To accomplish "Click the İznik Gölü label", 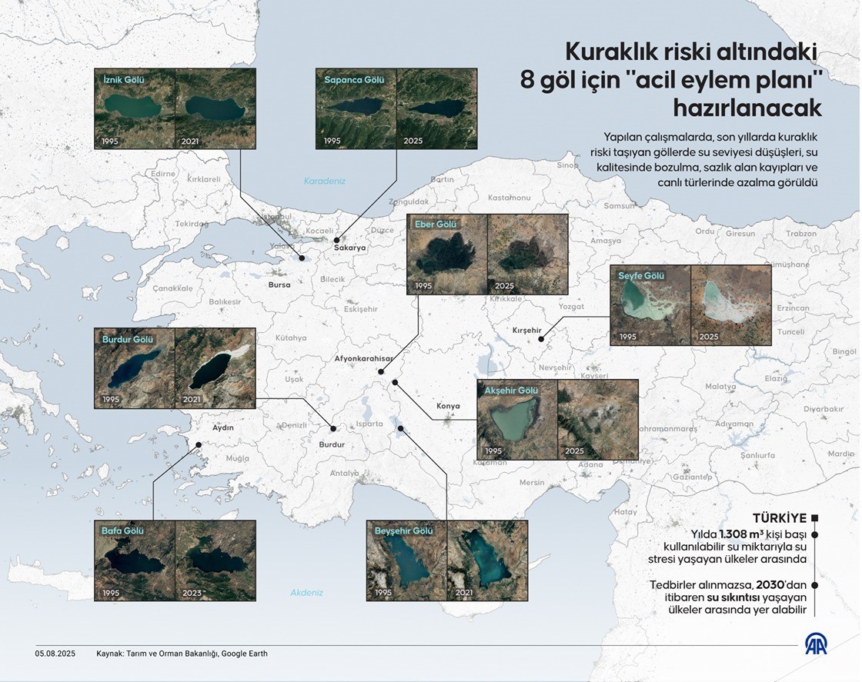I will [124, 79].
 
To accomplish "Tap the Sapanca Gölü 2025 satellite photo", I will [436, 108].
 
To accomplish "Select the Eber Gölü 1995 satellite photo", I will [447, 255].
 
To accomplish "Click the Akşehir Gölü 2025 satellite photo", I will [597, 419].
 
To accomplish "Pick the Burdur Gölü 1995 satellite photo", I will [134, 368].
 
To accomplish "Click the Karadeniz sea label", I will [325, 181].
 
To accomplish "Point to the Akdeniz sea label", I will [306, 593].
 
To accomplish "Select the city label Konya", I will [448, 406].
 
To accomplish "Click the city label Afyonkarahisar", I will [364, 358].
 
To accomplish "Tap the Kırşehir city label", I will [527, 331].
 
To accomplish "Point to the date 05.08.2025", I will [54, 654].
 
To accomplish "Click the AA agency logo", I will [817, 645].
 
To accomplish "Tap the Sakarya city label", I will [349, 248].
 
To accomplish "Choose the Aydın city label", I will [222, 427].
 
